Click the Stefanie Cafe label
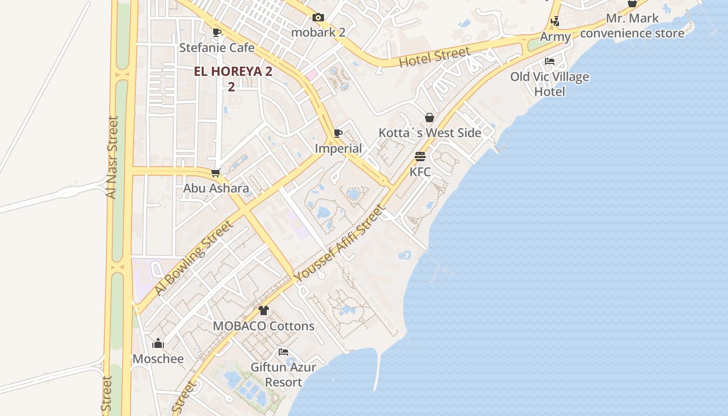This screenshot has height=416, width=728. click(x=217, y=48)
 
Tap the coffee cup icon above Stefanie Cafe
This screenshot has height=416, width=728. click(x=217, y=33)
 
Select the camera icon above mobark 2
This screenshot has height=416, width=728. click(x=318, y=18)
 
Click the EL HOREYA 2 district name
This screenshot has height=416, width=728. click(x=233, y=72)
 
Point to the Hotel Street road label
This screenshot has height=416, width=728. click(x=434, y=57)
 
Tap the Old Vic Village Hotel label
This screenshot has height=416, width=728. click(x=550, y=84)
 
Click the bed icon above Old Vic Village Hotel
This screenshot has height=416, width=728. click(x=550, y=61)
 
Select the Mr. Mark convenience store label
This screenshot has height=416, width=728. click(x=632, y=26)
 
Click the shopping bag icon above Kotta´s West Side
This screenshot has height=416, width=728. click(x=430, y=118)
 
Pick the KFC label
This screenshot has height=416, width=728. click(x=420, y=172)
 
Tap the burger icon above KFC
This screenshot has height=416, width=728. click(x=420, y=157)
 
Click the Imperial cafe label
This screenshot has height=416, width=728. click(x=338, y=149)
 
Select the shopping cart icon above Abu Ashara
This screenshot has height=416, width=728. click(x=216, y=173)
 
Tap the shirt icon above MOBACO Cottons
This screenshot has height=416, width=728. click(x=264, y=311)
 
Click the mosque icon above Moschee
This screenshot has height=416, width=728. click(x=158, y=344)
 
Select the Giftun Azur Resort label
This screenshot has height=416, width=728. click(x=283, y=374)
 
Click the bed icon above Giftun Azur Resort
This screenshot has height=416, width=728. click(x=283, y=352)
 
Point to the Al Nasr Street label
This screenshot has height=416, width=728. click(x=112, y=157)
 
